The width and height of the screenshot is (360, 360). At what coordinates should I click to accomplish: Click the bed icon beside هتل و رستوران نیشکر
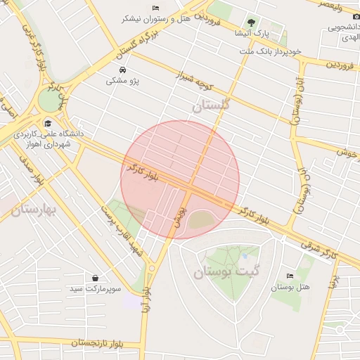pyautogui.click(x=155, y=8)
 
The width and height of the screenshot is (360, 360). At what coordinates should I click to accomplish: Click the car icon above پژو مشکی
pyautogui.click(x=123, y=70)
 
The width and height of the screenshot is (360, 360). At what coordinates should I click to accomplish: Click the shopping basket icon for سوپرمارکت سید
pyautogui.click(x=95, y=278)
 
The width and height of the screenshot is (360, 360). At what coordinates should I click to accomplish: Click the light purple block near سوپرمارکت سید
pyautogui.click(x=132, y=301)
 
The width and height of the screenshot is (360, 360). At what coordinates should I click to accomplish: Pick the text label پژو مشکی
pyautogui.click(x=123, y=82)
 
